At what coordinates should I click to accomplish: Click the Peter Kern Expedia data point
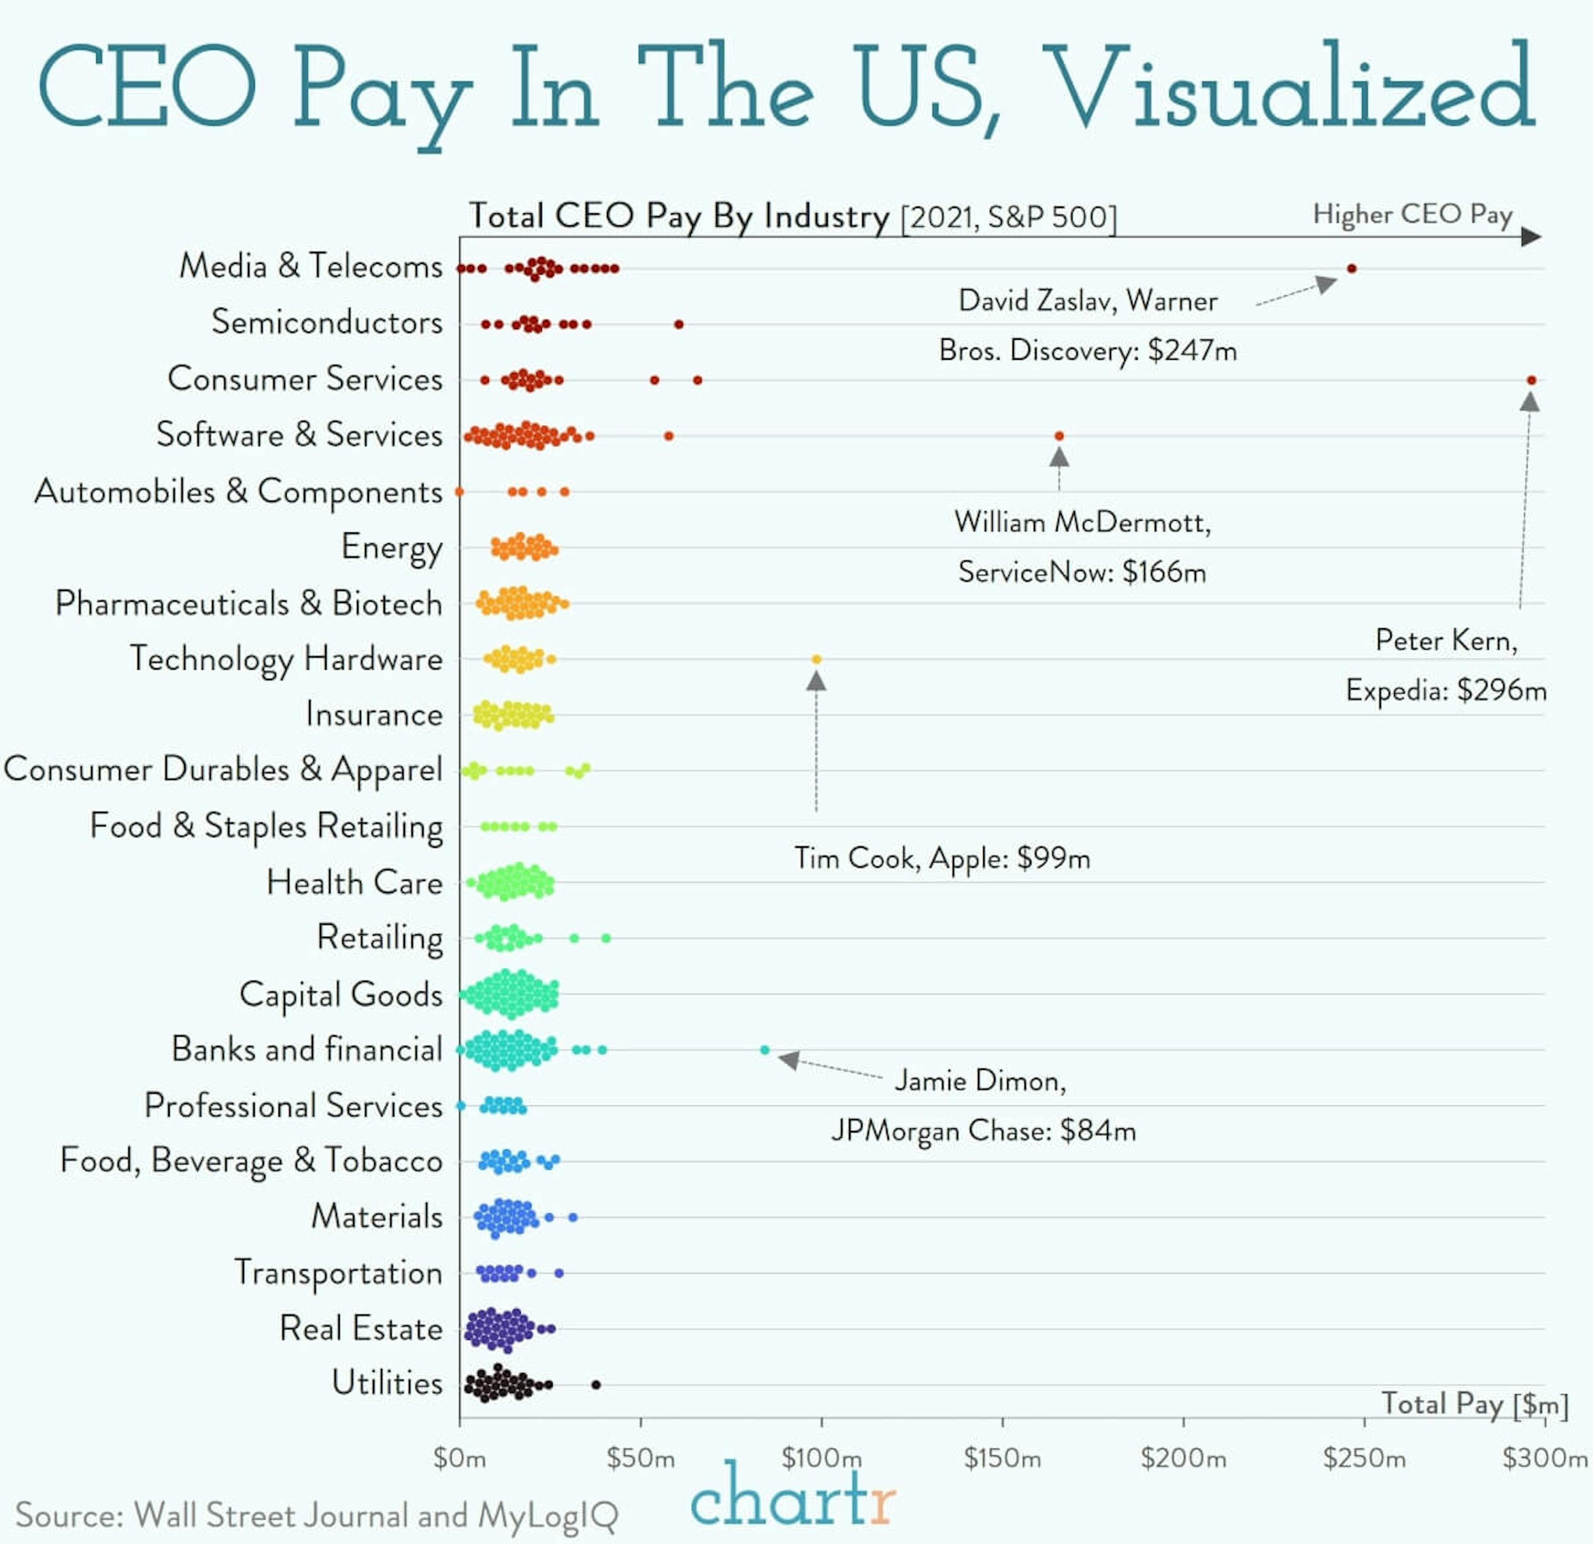coord(1531,380)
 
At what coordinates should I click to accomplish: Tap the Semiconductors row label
coord(327,322)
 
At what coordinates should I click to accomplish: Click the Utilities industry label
coord(387,1383)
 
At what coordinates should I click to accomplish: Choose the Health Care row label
coord(354,882)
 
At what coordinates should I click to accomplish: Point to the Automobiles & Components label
coord(238,491)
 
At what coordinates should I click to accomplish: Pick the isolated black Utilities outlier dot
coord(596,1385)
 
